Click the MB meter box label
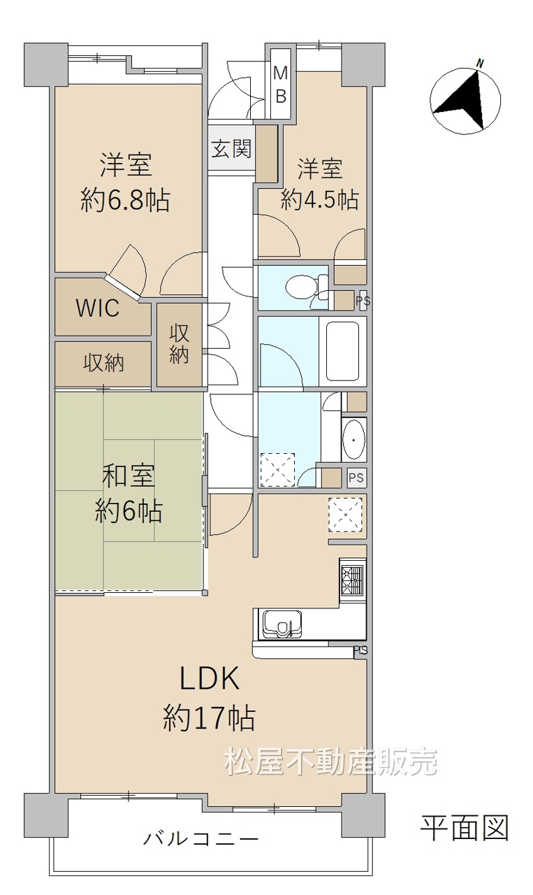[x=281, y=85]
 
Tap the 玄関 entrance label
[x=231, y=149]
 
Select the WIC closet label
[x=98, y=308]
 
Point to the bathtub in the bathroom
[x=343, y=352]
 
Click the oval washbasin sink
[x=354, y=441]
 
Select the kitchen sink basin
[x=282, y=625]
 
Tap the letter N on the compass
[x=481, y=63]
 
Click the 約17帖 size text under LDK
[x=209, y=719]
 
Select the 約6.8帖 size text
[x=125, y=200]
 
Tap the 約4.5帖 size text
[x=319, y=199]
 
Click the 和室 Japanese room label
[x=129, y=476]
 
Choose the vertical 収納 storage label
[x=179, y=344]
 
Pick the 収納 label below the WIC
[x=103, y=363]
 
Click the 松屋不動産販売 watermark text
[x=331, y=761]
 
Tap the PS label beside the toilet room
[x=363, y=300]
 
